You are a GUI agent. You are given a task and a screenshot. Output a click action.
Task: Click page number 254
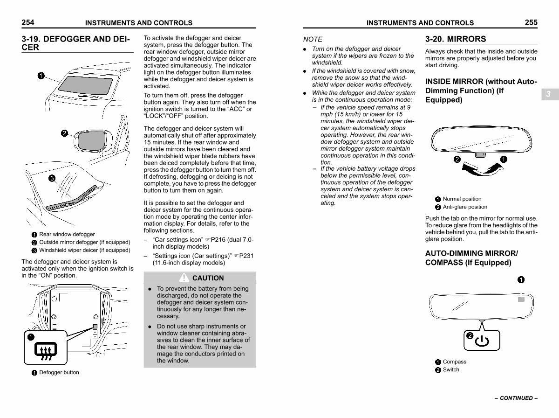[x=28, y=22]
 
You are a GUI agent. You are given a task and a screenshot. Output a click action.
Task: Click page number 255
[x=531, y=22]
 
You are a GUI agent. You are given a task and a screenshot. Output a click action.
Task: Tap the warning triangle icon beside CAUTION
[x=184, y=278]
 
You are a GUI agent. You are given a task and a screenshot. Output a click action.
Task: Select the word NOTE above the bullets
[x=313, y=40]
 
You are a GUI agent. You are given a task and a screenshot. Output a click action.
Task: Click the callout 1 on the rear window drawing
[x=41, y=77]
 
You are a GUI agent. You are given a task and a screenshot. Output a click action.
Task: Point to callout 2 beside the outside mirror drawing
[x=65, y=133]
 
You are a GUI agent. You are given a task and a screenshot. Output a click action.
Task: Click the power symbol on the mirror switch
[x=482, y=342]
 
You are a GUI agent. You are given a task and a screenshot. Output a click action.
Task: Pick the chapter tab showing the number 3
[x=548, y=94]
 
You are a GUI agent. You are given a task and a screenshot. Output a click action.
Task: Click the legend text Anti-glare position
[x=464, y=207]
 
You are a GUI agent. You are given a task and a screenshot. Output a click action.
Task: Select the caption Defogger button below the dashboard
[x=59, y=372]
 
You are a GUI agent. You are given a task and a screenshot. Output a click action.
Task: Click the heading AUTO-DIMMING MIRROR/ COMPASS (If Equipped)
[x=471, y=258]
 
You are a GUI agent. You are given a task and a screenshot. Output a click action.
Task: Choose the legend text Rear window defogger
[x=67, y=234]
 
